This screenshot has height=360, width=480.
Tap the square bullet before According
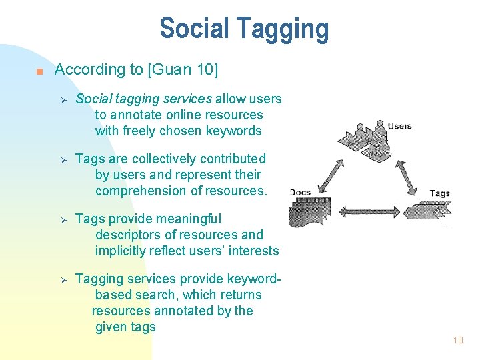point(40,71)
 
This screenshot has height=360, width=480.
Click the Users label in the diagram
point(399,126)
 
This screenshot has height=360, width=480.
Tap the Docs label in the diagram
point(300,193)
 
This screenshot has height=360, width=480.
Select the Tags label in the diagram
point(439,193)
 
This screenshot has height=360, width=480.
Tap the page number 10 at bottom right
point(457,340)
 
